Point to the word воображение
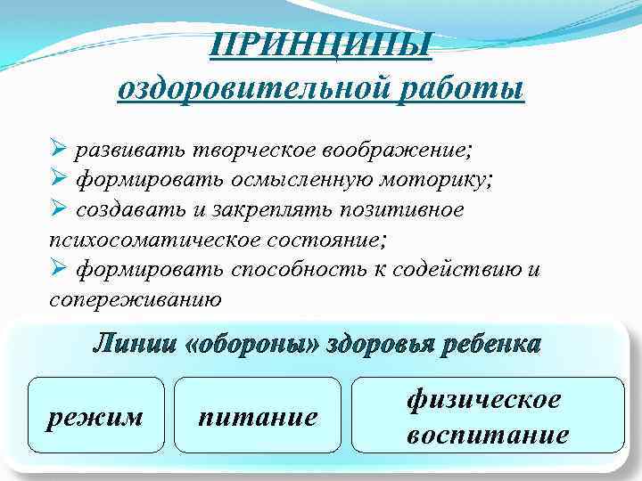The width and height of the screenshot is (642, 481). [x=394, y=146]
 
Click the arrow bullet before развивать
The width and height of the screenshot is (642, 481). [x=58, y=146]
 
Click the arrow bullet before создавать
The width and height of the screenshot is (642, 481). [x=58, y=209]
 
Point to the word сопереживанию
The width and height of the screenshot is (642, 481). [x=135, y=298]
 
